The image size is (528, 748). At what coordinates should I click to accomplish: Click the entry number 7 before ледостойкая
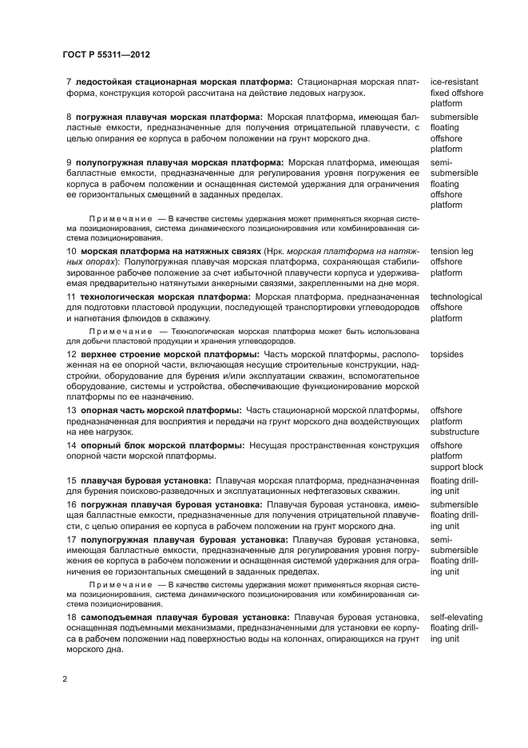pyautogui.click(x=69, y=82)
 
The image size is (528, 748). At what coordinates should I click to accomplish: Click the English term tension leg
pyautogui.click(x=451, y=251)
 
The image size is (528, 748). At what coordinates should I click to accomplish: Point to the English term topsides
pyautogui.click(x=447, y=353)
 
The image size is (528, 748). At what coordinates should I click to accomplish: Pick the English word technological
pyautogui.click(x=456, y=296)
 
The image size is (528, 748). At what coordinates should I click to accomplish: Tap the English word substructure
pyautogui.click(x=455, y=432)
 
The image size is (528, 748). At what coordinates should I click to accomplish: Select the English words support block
pyautogui.click(x=457, y=467)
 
